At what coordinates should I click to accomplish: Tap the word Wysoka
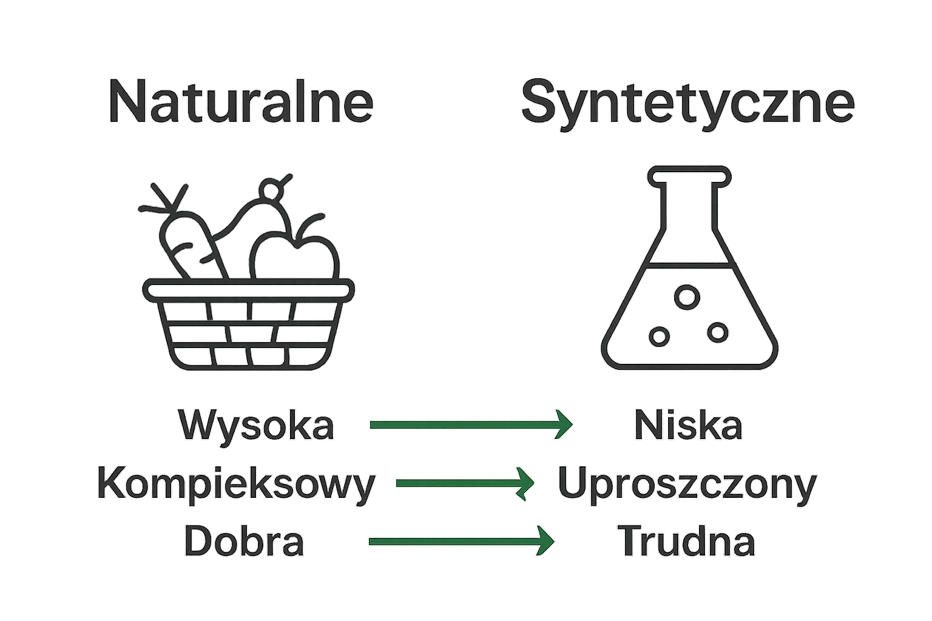click(256, 425)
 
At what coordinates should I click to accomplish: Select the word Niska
click(688, 425)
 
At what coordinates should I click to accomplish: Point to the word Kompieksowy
click(236, 483)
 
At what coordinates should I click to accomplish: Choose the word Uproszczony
click(687, 483)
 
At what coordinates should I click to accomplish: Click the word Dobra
click(244, 541)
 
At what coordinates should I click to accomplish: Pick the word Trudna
click(686, 541)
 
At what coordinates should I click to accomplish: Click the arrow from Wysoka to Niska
click(470, 424)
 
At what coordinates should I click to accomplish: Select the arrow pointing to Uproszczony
click(464, 483)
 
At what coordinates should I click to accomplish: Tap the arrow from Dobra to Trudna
click(461, 540)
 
